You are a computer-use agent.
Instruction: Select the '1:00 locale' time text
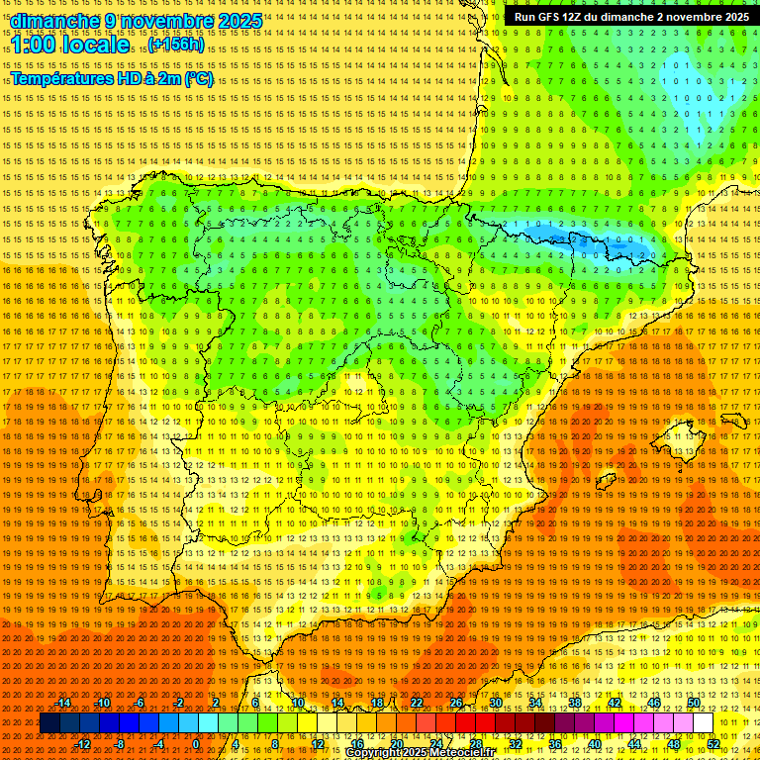(71, 46)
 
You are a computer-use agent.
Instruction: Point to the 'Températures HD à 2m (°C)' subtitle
(112, 79)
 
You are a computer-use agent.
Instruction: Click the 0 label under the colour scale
(196, 744)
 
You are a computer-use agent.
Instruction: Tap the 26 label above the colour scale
(456, 703)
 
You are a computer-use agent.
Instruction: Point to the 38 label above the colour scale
(575, 703)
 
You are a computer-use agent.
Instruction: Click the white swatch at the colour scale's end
(703, 723)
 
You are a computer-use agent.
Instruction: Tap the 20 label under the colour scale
(396, 744)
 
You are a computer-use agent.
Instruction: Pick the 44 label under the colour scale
(634, 744)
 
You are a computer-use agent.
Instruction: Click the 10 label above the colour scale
(297, 703)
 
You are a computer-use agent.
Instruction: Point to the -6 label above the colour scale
(140, 703)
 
